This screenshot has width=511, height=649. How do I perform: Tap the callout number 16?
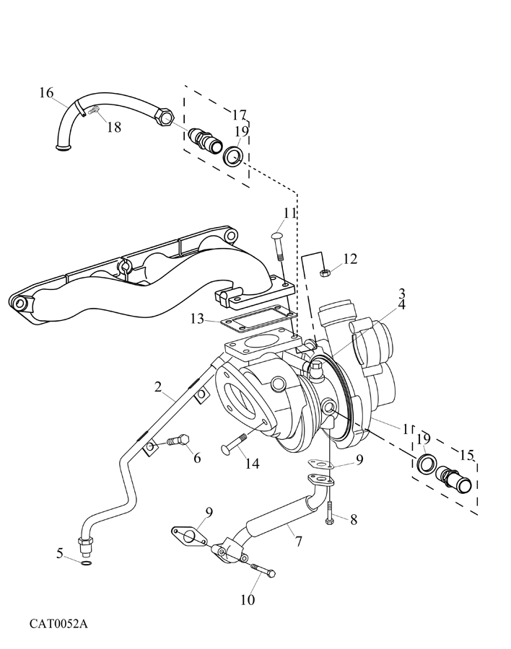coord(46,92)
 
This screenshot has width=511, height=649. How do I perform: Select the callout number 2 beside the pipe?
coord(157,387)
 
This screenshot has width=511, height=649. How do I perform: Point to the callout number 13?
coord(198,318)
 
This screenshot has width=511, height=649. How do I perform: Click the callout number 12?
coord(350,259)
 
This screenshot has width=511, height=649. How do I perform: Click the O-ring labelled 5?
coord(85,562)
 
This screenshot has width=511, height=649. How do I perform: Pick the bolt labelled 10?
coord(263,571)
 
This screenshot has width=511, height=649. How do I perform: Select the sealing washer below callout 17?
coord(232,156)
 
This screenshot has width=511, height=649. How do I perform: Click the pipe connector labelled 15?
coord(457,480)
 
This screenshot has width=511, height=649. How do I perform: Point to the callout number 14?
coord(251,464)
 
